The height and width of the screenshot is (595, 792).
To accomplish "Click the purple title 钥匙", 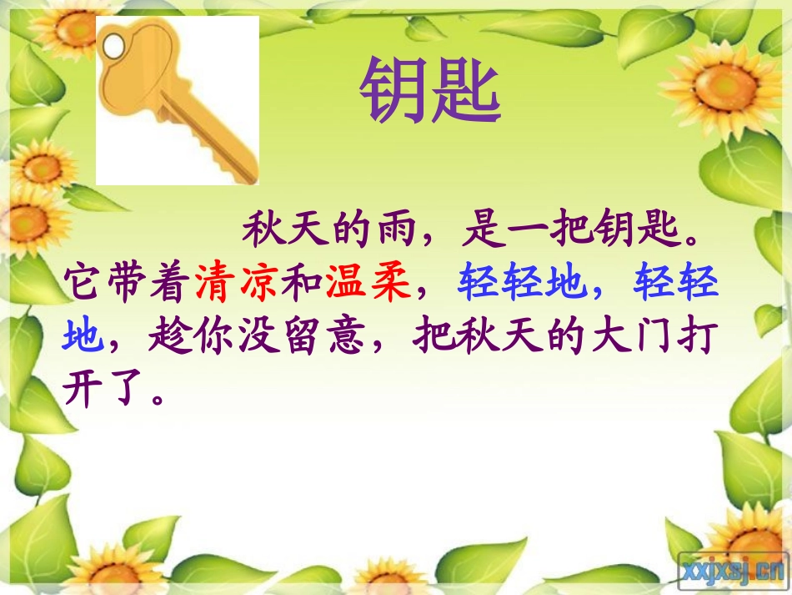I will point(430,92).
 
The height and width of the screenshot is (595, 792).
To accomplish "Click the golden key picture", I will point(177,99).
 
